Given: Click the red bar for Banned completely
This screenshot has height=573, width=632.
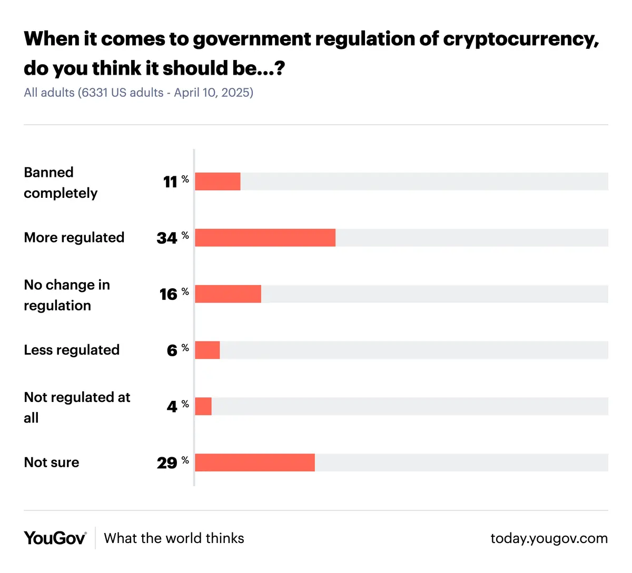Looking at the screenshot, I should [218, 181].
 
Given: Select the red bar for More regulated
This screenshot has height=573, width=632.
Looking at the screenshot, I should [265, 237].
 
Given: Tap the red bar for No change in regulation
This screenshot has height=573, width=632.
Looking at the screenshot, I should [228, 294].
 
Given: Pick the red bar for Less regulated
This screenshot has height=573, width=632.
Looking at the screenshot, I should [207, 350].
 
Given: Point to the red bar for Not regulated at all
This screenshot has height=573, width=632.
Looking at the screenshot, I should [203, 406].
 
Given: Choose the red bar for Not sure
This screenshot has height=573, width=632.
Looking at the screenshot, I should [255, 463].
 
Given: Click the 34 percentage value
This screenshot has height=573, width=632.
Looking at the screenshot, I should [167, 238].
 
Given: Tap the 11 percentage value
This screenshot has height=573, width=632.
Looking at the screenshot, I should [170, 182].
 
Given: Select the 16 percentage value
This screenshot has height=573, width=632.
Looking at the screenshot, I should [169, 294].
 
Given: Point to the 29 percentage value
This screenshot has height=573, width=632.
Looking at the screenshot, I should [167, 463].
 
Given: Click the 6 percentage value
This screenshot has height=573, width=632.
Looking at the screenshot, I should [172, 350].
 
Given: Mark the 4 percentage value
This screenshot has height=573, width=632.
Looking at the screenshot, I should [172, 407].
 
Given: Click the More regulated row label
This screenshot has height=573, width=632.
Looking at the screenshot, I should [74, 237].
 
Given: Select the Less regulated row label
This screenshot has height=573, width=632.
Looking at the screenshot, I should [72, 350].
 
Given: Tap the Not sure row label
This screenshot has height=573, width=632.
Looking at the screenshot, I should [52, 463].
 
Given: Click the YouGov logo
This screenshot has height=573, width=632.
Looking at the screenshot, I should [55, 538].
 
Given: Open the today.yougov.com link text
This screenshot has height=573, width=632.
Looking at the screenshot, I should [549, 538].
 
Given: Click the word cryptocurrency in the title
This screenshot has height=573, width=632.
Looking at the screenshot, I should [520, 39].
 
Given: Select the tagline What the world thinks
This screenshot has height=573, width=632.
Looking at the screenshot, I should [174, 538].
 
